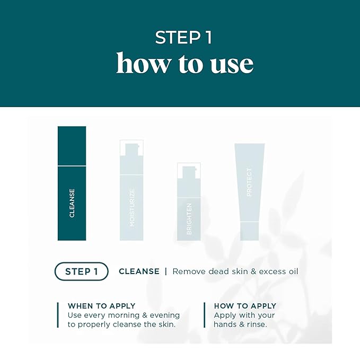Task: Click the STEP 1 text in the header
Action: click(180, 37)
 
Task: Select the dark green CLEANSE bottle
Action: click(72, 183)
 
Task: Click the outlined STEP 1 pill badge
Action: click(81, 271)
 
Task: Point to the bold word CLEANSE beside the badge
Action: click(139, 271)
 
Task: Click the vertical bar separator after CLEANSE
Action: click(166, 271)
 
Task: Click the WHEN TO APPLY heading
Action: click(101, 306)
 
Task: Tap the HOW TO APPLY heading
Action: click(245, 306)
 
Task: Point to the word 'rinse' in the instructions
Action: click(255, 324)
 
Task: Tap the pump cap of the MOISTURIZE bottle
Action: click(131, 150)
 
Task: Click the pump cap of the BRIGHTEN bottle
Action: click(189, 173)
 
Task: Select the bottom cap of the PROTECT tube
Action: click(249, 231)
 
